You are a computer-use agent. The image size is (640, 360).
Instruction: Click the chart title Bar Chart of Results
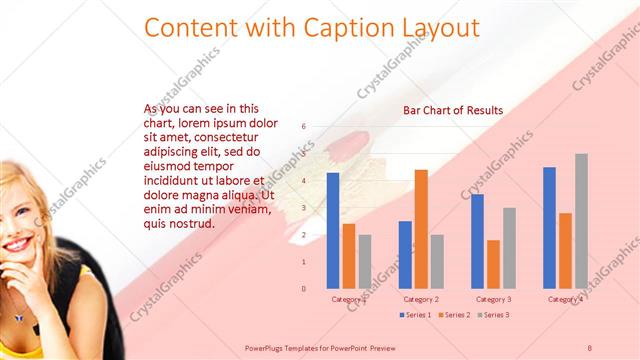[453, 110]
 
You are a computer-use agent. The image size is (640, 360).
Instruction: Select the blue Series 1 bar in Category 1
[333, 231]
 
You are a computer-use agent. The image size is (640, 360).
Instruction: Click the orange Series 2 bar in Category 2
[421, 229]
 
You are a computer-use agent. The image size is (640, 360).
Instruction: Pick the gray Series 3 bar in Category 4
[581, 221]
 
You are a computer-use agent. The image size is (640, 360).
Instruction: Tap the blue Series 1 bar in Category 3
[477, 241]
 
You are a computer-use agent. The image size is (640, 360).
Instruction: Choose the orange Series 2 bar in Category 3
[493, 264]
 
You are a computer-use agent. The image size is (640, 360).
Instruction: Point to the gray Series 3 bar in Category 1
[365, 262]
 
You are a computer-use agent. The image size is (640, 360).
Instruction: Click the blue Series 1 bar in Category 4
[549, 228]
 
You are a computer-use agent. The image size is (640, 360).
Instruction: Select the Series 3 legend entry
[493, 315]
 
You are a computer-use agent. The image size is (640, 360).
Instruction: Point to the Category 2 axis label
[421, 299]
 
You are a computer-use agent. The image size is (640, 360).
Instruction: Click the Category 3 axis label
[493, 299]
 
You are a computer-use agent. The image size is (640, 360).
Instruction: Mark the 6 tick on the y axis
[303, 127]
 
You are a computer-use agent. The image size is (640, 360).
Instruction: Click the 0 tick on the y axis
[303, 289]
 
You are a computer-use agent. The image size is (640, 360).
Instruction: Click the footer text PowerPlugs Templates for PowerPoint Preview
[320, 347]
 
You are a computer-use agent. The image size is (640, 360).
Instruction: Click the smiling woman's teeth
[17, 246]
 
